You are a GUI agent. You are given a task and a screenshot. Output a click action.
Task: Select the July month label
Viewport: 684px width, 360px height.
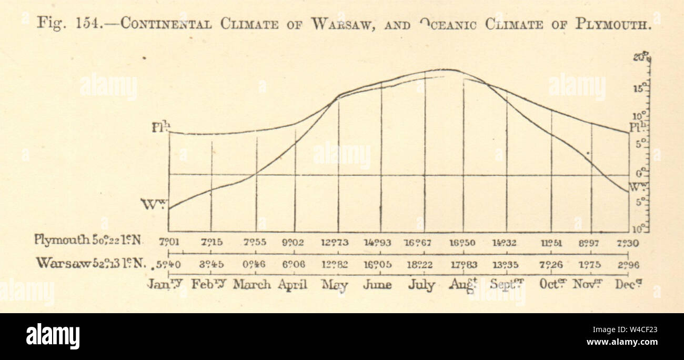coord(421,285)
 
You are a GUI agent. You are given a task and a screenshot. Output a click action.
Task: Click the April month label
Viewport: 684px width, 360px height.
coord(292,285)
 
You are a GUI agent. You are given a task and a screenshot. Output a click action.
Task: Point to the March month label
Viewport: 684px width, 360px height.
coord(252,285)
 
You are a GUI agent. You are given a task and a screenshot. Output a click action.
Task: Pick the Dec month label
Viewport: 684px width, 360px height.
coord(629,284)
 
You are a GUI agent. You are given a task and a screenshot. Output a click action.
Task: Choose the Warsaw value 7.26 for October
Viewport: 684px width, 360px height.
coord(551,264)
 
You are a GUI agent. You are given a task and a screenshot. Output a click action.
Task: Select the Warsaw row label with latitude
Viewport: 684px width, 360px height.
coord(90,263)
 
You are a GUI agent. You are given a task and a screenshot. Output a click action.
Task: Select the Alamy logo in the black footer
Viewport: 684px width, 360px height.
coord(53,337)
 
